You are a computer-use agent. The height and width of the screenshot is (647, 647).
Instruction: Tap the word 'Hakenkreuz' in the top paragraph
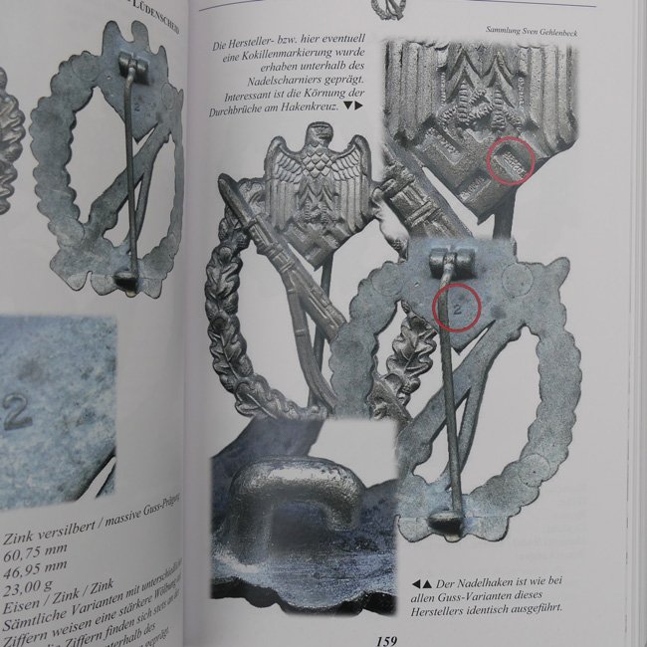pos(311,105)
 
